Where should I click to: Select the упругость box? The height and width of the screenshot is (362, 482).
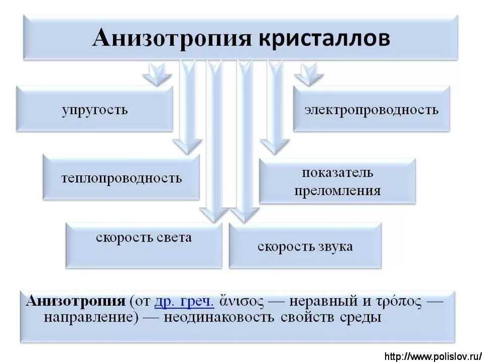tap(94, 109)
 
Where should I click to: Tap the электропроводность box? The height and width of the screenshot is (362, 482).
tap(371, 109)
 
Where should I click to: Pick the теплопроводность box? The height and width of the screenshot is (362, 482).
tap(121, 178)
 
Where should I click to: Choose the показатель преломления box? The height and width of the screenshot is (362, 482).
tap(337, 181)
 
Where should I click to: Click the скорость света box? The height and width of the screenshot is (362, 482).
tap(144, 246)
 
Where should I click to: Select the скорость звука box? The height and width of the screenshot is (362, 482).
tap(305, 246)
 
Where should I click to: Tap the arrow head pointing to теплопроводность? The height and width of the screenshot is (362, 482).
tap(187, 146)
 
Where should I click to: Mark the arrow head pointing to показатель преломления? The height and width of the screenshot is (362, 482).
tap(275, 146)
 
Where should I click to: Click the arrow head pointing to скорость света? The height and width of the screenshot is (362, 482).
tap(214, 214)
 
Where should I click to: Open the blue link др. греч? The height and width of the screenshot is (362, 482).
tap(184, 301)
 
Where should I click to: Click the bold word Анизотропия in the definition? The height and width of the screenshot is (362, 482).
tap(75, 301)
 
